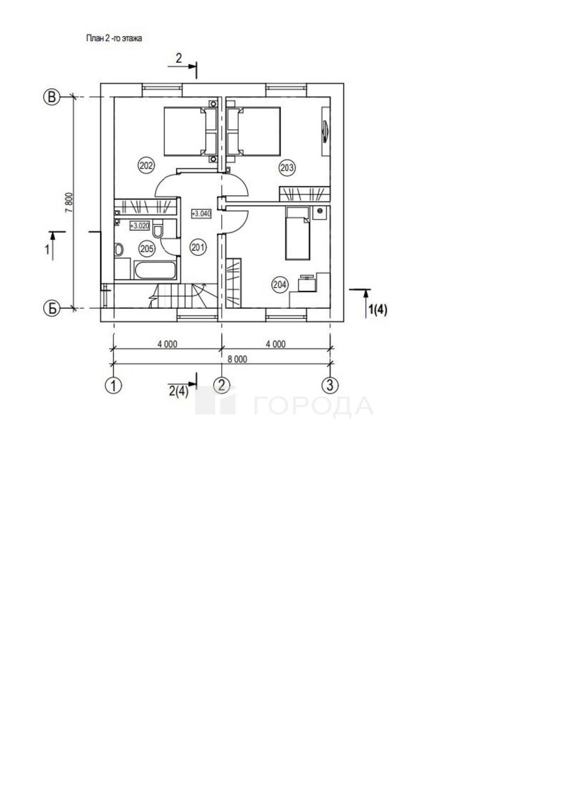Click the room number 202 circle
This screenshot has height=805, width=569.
coord(146,165)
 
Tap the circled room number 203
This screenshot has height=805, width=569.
coord(287,168)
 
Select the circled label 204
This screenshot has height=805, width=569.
coord(280,285)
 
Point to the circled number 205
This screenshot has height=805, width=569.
coord(147,249)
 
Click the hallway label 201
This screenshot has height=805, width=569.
coord(198,248)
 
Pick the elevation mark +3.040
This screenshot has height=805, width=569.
coord(201,213)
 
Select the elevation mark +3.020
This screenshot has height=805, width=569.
coord(139,225)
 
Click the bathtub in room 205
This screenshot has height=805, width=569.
coord(156,270)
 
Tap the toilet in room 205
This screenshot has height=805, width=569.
coord(158,229)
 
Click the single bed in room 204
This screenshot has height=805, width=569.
coord(298,233)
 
